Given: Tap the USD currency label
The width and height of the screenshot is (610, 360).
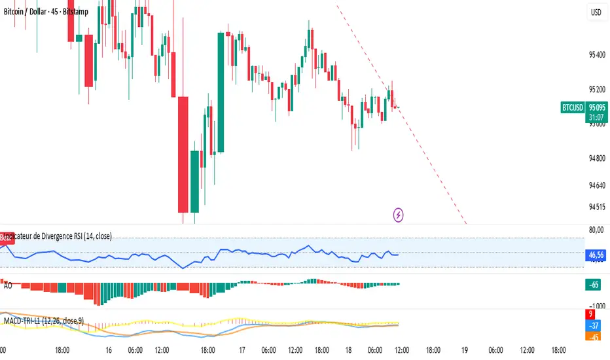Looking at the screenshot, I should point(596,12).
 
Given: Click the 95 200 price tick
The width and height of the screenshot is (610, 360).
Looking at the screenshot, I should point(596,89).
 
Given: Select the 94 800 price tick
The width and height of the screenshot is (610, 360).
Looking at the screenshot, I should point(596,158).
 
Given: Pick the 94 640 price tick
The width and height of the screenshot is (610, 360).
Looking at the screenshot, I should point(596,185).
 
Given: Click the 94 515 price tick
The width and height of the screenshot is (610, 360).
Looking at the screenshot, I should point(596,207).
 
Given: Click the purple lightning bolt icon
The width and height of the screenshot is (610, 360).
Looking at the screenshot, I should point(398,214).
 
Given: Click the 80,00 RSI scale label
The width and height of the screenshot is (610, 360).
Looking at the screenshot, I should point(596,229).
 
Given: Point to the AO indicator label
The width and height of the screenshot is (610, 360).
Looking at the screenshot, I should point(8,286).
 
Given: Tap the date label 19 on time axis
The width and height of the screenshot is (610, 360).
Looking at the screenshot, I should point(465,350).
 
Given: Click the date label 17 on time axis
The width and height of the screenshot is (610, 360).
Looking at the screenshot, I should point(242,350).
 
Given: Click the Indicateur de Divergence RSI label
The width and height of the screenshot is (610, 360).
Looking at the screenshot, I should point(59,236).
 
